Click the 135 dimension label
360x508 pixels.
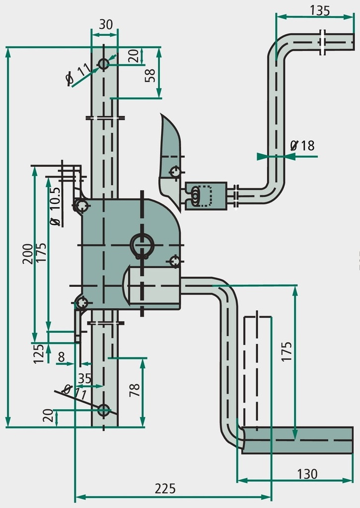click(x=320, y=10)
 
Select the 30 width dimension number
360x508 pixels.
click(x=106, y=24)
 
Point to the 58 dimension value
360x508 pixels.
click(x=150, y=75)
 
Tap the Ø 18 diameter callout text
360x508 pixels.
click(x=302, y=146)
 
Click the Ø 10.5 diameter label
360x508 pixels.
click(x=55, y=207)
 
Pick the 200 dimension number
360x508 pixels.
click(x=28, y=254)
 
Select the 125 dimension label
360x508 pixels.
click(x=39, y=354)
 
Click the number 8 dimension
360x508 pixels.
click(x=61, y=357)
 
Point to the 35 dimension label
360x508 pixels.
click(x=85, y=379)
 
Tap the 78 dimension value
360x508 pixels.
click(x=135, y=390)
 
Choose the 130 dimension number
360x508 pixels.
click(x=307, y=474)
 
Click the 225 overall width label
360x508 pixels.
click(x=165, y=489)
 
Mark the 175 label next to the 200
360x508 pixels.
click(x=42, y=253)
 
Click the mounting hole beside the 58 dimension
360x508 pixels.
click(x=104, y=64)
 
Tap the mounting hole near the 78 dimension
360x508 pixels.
click(x=104, y=410)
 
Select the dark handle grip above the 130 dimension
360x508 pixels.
click(x=297, y=441)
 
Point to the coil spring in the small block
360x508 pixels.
click(x=195, y=195)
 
